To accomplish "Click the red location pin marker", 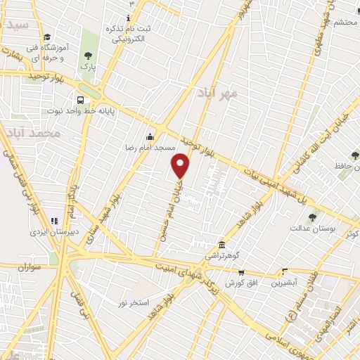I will point(181,167).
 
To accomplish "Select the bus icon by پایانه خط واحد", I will point(81,100).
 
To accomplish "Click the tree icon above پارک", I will point(88,56).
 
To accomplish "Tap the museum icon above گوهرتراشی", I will point(222,245).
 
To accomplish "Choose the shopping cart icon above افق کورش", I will point(240,272).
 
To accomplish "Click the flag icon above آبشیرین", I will point(285,271).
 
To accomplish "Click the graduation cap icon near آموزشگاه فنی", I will point(46,37).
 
